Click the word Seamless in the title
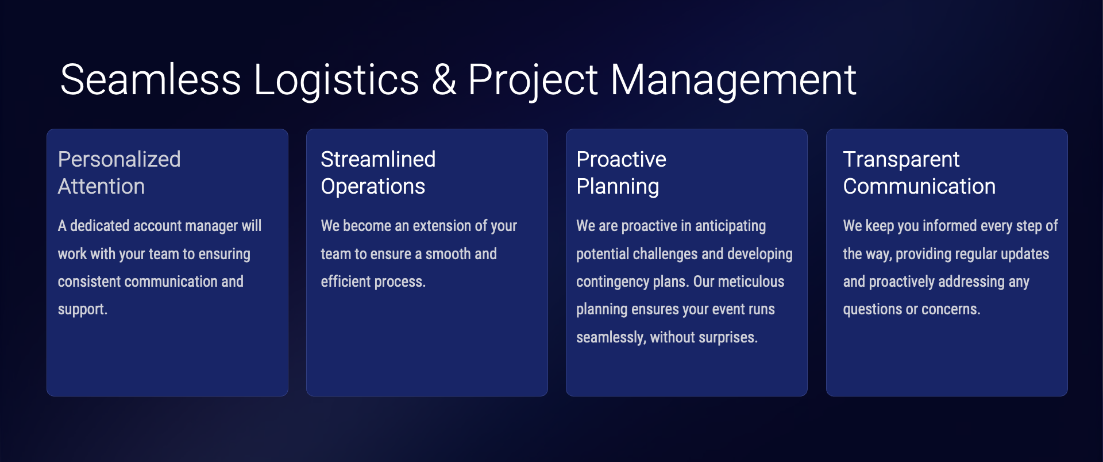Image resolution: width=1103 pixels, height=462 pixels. (x=151, y=79)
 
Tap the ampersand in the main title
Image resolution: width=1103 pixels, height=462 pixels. (x=444, y=79)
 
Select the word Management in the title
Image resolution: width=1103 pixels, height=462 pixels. (x=733, y=80)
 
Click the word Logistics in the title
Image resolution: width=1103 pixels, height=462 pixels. (x=337, y=80)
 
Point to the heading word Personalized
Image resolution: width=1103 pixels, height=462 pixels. (x=119, y=159)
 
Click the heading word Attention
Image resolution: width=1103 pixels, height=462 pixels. (x=101, y=186)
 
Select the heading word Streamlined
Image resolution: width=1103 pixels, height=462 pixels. (x=378, y=159)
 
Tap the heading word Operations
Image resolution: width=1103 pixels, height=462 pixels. (x=373, y=187)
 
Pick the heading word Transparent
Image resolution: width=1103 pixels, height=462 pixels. (x=901, y=160)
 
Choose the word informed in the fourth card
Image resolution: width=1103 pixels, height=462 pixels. (x=950, y=225)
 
